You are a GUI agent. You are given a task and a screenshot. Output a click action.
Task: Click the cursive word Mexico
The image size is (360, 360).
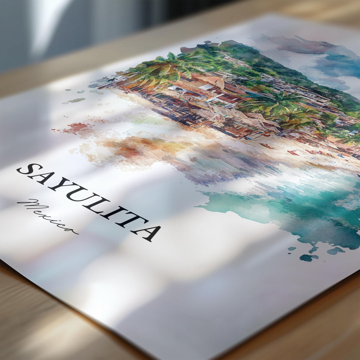click(x=47, y=215)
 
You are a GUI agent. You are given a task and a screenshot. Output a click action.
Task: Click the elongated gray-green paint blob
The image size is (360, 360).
click(x=77, y=100)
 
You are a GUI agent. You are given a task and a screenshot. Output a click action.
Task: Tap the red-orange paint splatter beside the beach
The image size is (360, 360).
click(x=76, y=127)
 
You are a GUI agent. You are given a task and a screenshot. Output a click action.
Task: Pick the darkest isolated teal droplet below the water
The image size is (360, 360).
click(x=308, y=257)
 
